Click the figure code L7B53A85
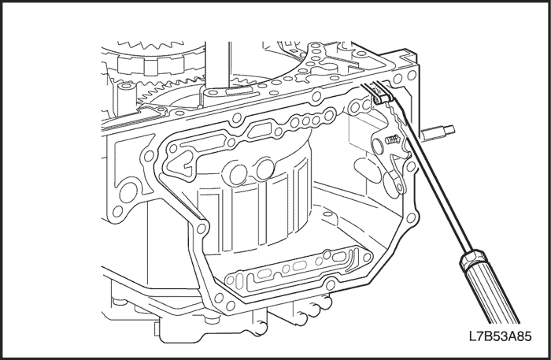tap(500, 336)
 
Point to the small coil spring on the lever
tap(393, 139)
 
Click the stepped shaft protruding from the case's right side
tap(438, 132)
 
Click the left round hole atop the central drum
tap(239, 172)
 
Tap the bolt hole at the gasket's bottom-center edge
tap(330, 284)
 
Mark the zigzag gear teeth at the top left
tap(151, 45)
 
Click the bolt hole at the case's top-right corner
tap(412, 75)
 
